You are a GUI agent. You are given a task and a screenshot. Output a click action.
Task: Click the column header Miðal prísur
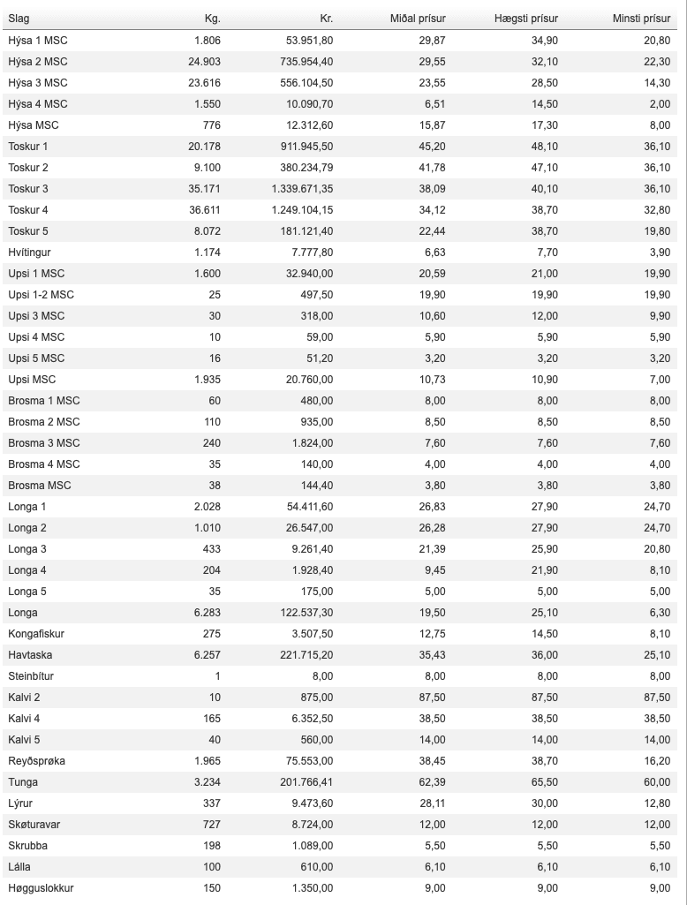[x=418, y=19]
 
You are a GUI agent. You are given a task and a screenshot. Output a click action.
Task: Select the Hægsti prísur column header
[x=527, y=19]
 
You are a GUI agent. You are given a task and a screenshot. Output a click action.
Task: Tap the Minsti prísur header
[x=641, y=19]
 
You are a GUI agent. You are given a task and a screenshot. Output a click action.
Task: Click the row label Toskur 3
[x=28, y=189]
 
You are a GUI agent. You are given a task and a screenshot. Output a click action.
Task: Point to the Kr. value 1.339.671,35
[x=303, y=189]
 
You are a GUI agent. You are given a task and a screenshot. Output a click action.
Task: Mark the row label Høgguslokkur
[x=41, y=888]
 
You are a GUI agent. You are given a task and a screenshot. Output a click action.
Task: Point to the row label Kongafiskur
[x=36, y=634]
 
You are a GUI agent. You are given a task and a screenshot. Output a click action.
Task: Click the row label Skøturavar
[x=34, y=825]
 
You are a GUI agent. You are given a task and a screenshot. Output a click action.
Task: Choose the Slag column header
[x=19, y=19]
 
